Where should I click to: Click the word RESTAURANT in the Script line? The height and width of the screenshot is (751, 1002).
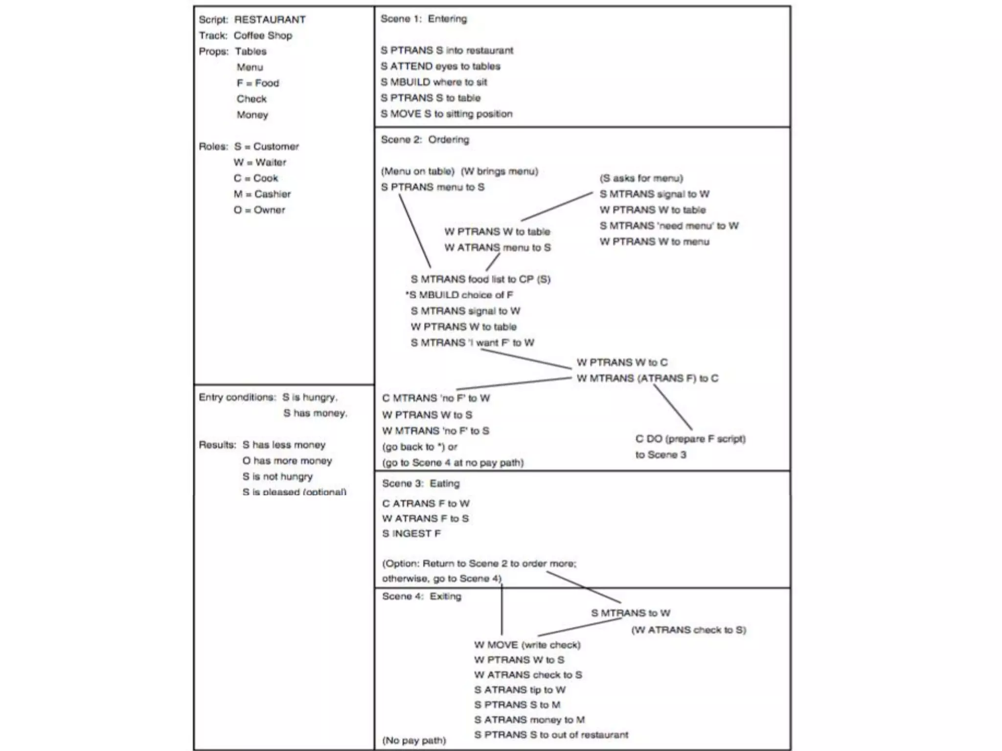(270, 20)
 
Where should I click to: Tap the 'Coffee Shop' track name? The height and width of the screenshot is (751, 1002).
(263, 36)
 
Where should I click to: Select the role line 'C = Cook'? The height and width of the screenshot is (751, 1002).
(255, 178)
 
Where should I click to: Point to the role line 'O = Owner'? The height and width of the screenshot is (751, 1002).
(259, 210)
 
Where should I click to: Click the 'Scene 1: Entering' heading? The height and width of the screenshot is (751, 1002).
(424, 19)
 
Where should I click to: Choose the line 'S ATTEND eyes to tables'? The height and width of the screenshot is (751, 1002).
(440, 66)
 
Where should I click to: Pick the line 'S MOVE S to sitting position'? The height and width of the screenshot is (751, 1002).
(447, 114)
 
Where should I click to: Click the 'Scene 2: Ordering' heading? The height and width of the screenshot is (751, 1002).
(425, 140)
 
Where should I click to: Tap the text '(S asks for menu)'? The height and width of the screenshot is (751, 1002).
(641, 178)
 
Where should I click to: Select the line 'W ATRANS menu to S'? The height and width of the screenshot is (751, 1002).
(497, 248)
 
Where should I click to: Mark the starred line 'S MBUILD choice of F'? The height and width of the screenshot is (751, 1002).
(459, 295)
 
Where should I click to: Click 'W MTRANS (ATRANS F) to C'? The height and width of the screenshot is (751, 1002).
(647, 378)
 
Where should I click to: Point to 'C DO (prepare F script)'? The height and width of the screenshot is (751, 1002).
(690, 439)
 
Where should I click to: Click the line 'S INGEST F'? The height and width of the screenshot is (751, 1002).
(411, 534)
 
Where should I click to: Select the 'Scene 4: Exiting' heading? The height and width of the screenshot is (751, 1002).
(421, 596)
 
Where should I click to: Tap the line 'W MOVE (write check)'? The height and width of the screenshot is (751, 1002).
(527, 645)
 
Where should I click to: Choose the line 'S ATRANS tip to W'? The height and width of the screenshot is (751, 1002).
(520, 690)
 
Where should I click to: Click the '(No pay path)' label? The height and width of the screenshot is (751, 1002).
(414, 740)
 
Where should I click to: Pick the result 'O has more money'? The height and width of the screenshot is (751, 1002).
(287, 461)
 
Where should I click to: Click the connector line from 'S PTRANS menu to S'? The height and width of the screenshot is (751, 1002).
(415, 231)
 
